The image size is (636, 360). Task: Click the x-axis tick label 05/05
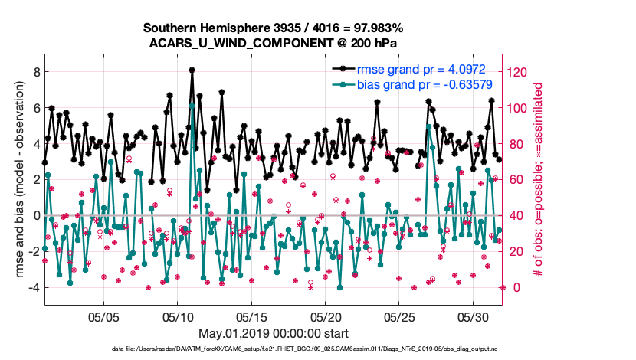[104, 316]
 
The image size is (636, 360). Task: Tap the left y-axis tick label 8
[33, 72]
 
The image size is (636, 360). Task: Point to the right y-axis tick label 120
[518, 72]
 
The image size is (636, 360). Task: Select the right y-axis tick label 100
[518, 108]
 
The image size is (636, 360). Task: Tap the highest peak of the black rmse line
[192, 70]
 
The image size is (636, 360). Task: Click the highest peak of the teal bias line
[192, 106]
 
